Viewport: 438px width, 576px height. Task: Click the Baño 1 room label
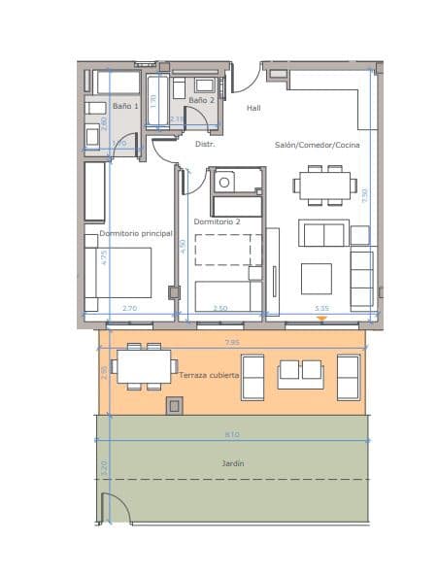coord(125,105)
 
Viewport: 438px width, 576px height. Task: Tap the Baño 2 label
coord(201,100)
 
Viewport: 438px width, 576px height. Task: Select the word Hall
coord(253,108)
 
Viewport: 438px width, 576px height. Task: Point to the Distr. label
coord(205,144)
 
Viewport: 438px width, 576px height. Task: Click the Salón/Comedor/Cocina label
coord(317,144)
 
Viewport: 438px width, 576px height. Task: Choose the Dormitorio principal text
coord(135,233)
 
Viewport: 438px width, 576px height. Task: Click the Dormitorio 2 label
coord(217,221)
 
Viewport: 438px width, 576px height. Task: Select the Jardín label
coord(231,463)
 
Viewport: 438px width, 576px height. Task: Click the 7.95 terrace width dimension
coord(232,342)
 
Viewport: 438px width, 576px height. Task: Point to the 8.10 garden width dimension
coord(232,434)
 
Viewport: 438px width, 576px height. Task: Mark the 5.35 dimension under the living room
coord(321,308)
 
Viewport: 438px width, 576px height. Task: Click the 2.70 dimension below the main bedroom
coord(129,308)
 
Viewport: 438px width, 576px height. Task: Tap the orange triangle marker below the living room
coord(321,319)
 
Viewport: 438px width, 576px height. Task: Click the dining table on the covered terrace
coord(144,366)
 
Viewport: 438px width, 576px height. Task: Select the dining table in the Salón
coord(323,185)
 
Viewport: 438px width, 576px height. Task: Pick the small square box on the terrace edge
coord(175,405)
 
